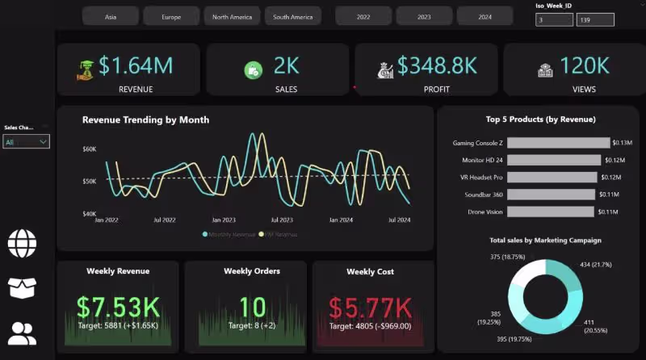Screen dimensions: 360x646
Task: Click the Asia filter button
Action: [x=111, y=16]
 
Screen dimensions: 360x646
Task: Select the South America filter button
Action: [x=292, y=16]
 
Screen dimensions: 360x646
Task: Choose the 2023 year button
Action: [x=424, y=16]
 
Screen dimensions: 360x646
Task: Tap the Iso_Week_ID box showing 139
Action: [x=595, y=20]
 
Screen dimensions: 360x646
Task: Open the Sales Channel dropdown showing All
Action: [x=27, y=142]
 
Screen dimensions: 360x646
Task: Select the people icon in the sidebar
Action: [x=23, y=333]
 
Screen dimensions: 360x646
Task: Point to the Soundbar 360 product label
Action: [x=482, y=195]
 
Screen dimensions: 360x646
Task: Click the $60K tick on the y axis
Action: [x=89, y=149]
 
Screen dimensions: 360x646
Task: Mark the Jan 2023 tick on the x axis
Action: [x=224, y=220]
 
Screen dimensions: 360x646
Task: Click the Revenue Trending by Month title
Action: [x=145, y=119]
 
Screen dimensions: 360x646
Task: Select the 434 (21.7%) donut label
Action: [x=596, y=265]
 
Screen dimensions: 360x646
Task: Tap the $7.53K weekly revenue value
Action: [x=118, y=308]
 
